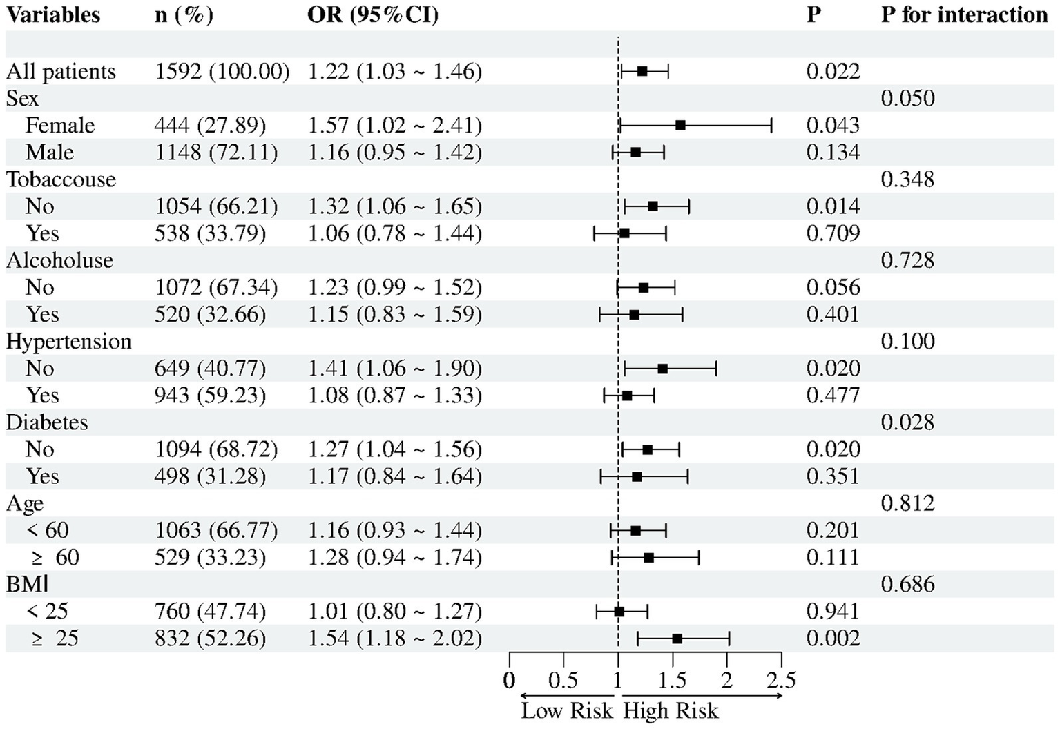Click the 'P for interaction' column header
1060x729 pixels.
point(964,14)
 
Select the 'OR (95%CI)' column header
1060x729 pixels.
point(372,14)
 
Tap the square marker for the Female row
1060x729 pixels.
point(680,125)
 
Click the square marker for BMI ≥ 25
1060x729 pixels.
point(677,639)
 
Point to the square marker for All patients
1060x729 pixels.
point(642,71)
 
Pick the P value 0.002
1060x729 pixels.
point(833,639)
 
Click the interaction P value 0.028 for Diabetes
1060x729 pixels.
point(907,422)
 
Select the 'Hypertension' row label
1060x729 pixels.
point(68,342)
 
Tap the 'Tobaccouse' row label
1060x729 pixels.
point(61,179)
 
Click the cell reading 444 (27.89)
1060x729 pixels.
point(210,125)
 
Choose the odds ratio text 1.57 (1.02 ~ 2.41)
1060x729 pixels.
point(394,125)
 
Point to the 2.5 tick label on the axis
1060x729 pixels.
point(781,681)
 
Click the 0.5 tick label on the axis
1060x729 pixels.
point(563,681)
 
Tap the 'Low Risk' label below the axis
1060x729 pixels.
point(567,711)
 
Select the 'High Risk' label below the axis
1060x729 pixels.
point(671,711)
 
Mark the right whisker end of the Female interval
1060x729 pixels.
point(771,125)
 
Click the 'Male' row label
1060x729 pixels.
point(50,153)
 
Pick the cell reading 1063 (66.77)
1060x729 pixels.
point(215,530)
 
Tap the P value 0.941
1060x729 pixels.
point(833,612)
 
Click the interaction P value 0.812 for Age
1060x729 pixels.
point(907,503)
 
